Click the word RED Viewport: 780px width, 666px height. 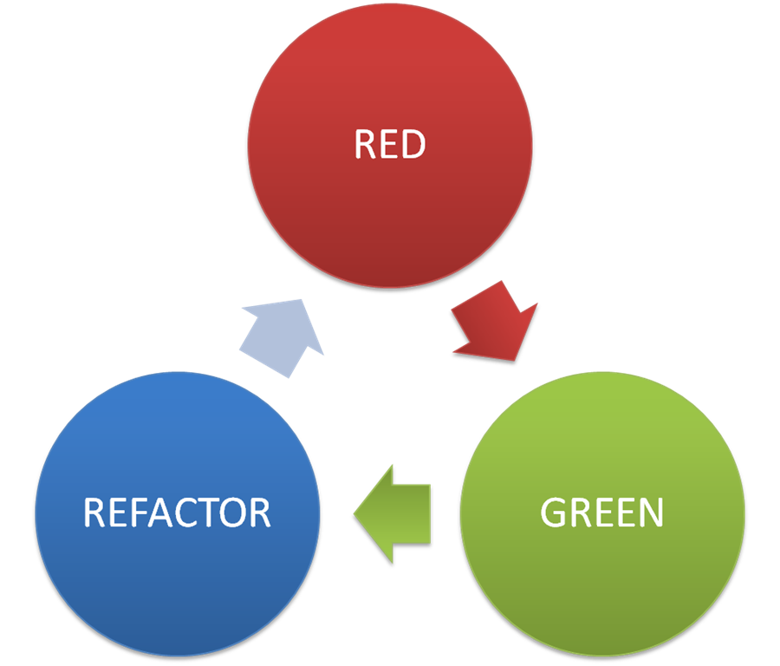(x=390, y=145)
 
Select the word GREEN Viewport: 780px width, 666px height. (x=601, y=513)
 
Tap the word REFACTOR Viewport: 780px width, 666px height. (x=177, y=513)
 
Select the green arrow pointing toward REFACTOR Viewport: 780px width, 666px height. (x=394, y=513)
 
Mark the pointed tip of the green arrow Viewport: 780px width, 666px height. (x=354, y=513)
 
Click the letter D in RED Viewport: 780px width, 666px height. (x=413, y=145)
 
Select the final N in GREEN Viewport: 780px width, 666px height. (x=651, y=513)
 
